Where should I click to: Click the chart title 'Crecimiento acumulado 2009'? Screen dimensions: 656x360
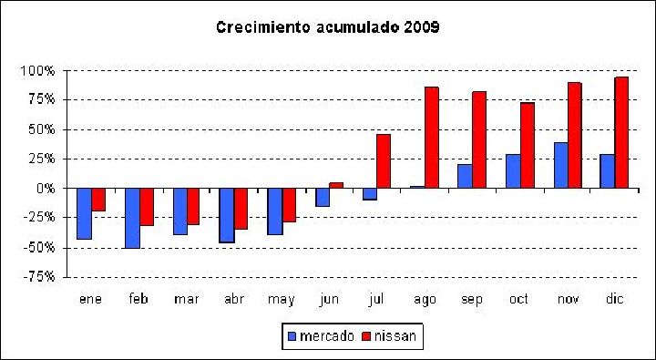click(x=328, y=27)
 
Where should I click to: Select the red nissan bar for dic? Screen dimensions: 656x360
click(x=621, y=132)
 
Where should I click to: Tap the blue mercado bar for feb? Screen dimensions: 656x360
click(x=133, y=218)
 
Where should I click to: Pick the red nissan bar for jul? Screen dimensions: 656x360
click(x=384, y=161)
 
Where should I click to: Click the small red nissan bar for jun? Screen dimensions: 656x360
click(x=336, y=185)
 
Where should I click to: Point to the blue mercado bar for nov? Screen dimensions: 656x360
click(x=561, y=165)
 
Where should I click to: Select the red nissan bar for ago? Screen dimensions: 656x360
click(x=431, y=138)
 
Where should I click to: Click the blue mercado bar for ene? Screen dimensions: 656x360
click(x=85, y=213)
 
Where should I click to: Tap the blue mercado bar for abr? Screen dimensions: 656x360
click(x=227, y=215)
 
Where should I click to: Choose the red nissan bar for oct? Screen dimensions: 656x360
click(x=528, y=145)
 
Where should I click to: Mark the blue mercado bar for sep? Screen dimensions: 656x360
click(x=465, y=176)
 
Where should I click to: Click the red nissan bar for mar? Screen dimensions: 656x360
click(x=193, y=206)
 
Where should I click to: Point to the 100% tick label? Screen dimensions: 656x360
click(x=37, y=71)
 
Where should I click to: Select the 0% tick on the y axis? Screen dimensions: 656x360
click(x=46, y=189)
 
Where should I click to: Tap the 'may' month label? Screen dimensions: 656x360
click(x=282, y=300)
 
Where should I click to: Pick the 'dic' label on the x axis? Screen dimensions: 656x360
click(x=615, y=298)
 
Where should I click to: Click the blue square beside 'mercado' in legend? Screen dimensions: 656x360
click(x=292, y=336)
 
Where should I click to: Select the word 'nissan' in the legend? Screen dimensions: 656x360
click(x=395, y=335)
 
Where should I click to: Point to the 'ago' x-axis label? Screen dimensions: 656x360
click(x=425, y=300)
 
